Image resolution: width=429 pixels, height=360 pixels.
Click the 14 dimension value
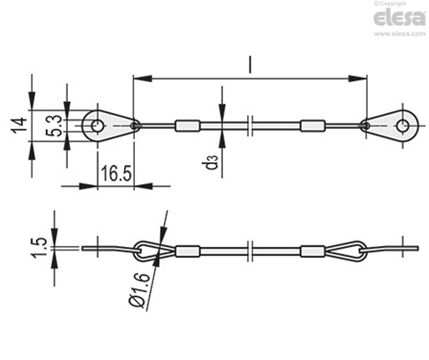click(x=18, y=126)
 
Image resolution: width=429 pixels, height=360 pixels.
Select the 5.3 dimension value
click(x=54, y=126)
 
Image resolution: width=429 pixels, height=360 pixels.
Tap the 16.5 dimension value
click(x=116, y=173)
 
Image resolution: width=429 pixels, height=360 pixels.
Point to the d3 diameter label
click(x=211, y=162)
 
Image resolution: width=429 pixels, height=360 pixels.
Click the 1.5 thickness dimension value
click(x=39, y=248)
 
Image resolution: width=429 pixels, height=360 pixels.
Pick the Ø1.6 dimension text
click(x=139, y=291)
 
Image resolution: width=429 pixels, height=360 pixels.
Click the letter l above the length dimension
click(x=251, y=64)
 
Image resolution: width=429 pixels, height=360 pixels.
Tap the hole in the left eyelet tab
click(x=96, y=126)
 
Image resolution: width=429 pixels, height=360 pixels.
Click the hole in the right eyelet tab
click(x=402, y=126)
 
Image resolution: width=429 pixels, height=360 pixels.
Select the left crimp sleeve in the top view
click(x=188, y=126)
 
